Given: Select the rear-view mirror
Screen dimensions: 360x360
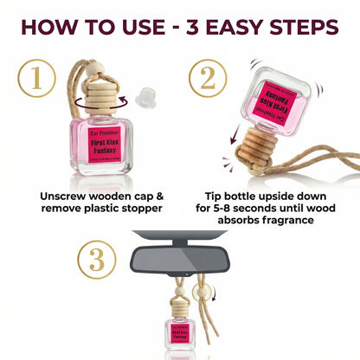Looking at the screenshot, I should (178, 258).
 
